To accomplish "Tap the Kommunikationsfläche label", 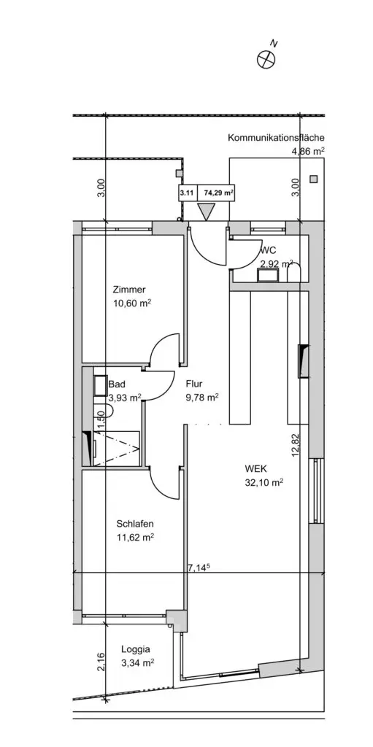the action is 276,138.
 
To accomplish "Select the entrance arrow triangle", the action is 207,211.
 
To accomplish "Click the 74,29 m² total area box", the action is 218,193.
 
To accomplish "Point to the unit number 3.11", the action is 188,193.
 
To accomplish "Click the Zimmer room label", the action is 129,289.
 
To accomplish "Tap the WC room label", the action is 269,251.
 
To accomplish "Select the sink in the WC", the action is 268,274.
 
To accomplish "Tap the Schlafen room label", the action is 135,524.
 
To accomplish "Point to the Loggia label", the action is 136,649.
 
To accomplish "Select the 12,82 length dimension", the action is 296,445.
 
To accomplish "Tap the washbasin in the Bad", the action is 101,385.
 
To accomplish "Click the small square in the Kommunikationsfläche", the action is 313,179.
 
